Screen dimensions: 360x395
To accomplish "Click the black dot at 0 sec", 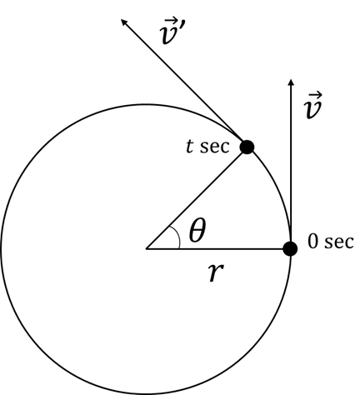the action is tap(290, 248).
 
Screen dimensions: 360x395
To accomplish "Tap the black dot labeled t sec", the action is tap(247, 147).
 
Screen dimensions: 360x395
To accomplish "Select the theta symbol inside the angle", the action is tap(197, 230).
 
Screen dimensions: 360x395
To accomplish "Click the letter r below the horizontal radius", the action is tap(217, 272).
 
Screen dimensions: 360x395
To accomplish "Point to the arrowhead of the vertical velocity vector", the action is tap(291, 82).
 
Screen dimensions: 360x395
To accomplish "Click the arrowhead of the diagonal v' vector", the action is tap(124, 22).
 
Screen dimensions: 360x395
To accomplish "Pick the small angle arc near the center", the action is tap(177, 236).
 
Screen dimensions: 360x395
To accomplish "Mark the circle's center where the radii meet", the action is tap(146, 248).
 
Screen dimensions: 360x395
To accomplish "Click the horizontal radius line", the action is tap(218, 248).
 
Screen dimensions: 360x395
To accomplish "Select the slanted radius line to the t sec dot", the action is tap(197, 197).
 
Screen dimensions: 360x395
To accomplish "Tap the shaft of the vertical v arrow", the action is tap(291, 164).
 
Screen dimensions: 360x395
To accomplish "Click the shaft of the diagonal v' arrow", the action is tap(184, 82).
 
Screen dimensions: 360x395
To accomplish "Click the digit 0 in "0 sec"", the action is tap(312, 242).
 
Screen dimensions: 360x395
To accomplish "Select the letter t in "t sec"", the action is tap(189, 146).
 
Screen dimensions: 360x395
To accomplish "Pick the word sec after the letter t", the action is tap(215, 147).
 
